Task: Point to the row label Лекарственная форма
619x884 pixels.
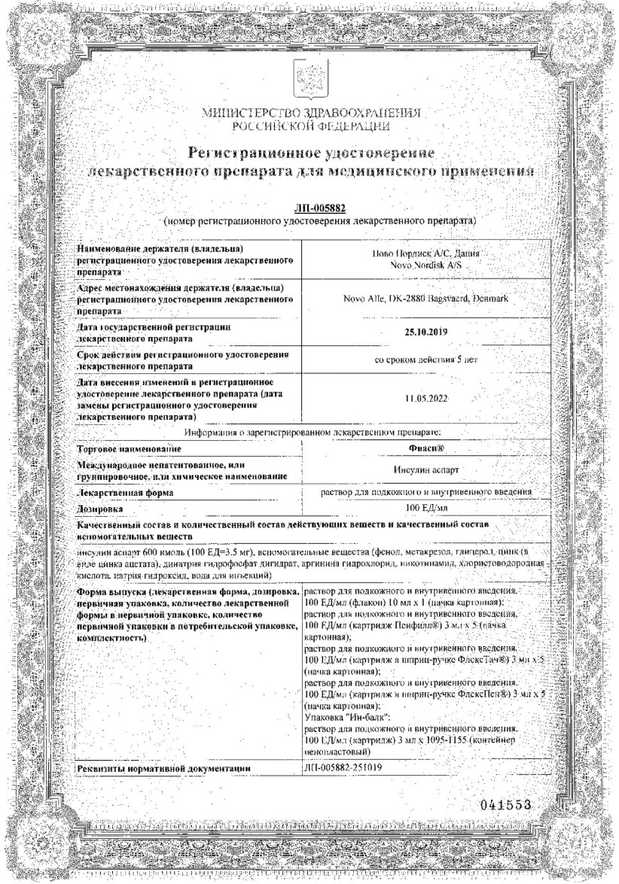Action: point(124,492)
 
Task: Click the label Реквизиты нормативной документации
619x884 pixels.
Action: point(163,768)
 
